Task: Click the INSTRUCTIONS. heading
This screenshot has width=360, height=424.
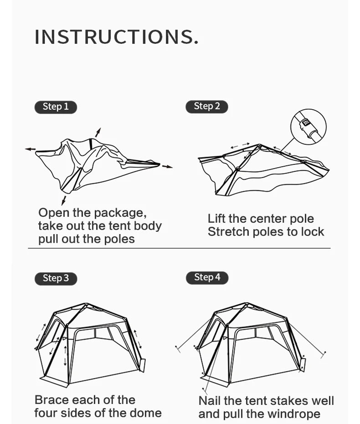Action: [x=117, y=37]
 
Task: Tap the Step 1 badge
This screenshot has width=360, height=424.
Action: [x=56, y=107]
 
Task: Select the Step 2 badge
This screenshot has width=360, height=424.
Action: [x=206, y=107]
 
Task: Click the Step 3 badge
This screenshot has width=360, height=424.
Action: [x=56, y=278]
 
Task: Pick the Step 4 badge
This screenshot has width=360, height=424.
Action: [x=207, y=277]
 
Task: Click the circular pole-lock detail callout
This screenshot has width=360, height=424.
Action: [x=308, y=126]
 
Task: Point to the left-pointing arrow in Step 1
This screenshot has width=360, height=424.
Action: [x=30, y=149]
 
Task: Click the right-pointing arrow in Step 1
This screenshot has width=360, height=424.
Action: [x=167, y=166]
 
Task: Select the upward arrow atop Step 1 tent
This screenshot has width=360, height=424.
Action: [x=98, y=132]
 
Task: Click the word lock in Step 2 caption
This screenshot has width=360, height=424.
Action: [x=312, y=232]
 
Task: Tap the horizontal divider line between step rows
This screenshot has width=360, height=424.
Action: [x=179, y=248]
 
